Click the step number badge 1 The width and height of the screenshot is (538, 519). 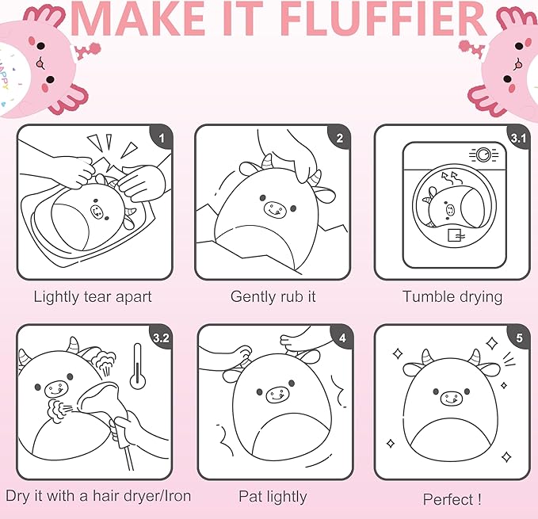click(162, 138)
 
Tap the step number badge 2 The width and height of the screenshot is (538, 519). click(340, 138)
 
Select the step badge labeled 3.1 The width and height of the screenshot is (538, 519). click(518, 138)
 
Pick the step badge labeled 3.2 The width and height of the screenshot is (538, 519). click(162, 338)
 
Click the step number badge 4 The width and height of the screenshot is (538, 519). click(341, 338)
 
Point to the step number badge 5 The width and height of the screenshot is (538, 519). click(519, 338)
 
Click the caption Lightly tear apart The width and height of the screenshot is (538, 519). click(93, 297)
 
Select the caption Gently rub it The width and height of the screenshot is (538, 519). click(273, 297)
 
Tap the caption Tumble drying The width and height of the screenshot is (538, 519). click(452, 297)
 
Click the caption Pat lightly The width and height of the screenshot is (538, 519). click(273, 497)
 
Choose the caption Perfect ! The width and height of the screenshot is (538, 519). click(452, 499)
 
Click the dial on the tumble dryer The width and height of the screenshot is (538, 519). click(479, 155)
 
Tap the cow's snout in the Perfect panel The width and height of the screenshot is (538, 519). click(452, 396)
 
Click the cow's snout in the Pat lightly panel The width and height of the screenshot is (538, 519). click(274, 393)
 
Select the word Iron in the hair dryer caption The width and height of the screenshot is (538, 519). click(174, 497)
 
